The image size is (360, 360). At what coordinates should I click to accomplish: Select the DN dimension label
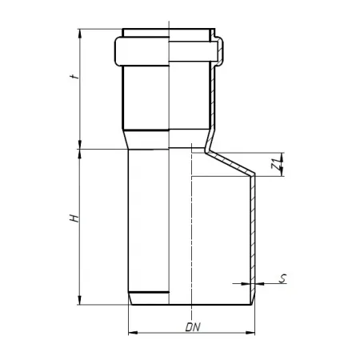pyautogui.click(x=193, y=327)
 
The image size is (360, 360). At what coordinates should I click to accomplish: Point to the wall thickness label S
pyautogui.click(x=282, y=278)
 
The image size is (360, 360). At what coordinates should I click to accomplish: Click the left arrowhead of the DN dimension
pyautogui.click(x=133, y=333)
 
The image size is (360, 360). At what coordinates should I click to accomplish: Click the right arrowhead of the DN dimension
pyautogui.click(x=250, y=333)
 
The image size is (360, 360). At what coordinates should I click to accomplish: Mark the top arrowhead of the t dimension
pyautogui.click(x=79, y=34)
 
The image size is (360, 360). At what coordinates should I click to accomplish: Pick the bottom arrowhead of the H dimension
pyautogui.click(x=79, y=300)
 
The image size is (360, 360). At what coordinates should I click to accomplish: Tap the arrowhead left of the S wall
pyautogui.click(x=246, y=284)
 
